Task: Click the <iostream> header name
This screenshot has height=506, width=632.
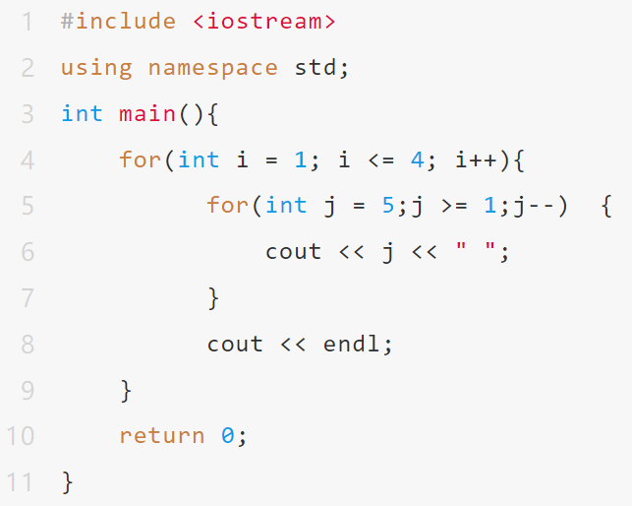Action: [x=264, y=21]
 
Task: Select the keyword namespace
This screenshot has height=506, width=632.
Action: [x=213, y=68]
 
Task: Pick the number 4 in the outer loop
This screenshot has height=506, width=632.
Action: [x=417, y=159]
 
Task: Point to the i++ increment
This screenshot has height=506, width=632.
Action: [x=476, y=159]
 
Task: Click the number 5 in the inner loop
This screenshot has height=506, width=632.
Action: [x=387, y=205]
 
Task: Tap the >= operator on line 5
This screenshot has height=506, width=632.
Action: [x=454, y=206]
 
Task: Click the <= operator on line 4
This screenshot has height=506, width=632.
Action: [x=381, y=159]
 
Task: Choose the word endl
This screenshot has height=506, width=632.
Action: [x=351, y=344]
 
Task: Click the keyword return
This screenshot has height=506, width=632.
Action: [x=161, y=436]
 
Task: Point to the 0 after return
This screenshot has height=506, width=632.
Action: [x=227, y=435]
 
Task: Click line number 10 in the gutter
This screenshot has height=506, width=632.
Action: [x=21, y=436]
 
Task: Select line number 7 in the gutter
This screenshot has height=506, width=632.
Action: [x=28, y=298]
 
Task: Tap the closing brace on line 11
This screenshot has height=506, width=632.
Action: [x=68, y=482]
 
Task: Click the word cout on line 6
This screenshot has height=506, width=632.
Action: [x=293, y=252]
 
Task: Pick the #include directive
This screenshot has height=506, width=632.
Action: [x=118, y=21]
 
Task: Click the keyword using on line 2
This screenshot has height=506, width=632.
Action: [x=96, y=68]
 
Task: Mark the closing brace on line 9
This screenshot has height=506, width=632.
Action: [x=126, y=391]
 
